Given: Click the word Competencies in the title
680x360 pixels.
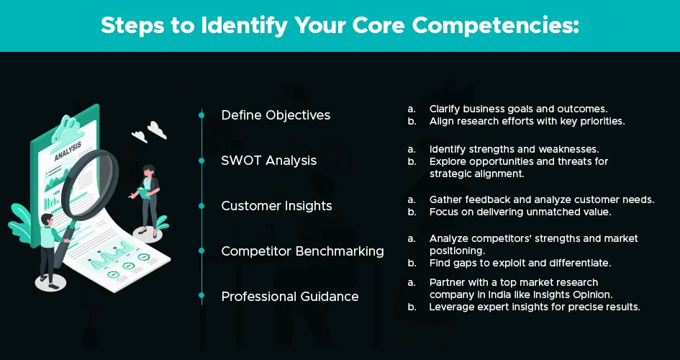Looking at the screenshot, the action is pos(495,26).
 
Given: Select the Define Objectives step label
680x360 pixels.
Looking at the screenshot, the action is pos(276,115).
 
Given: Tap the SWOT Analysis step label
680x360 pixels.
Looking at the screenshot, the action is pos(269,161).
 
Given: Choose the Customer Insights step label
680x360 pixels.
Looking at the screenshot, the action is pos(277,206).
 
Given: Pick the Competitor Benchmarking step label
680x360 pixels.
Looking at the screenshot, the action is pos(303,251).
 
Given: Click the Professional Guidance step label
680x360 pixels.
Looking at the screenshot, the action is pos(290,297).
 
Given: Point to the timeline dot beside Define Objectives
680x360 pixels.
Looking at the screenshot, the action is pos(201,115).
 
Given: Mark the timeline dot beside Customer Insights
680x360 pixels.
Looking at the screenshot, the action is pos(201,206).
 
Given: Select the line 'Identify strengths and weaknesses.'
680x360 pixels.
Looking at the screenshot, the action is pos(514,150).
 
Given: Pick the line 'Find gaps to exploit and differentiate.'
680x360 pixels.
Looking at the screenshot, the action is pos(520,264).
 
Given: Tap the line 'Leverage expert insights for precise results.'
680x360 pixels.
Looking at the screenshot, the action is pos(535,307).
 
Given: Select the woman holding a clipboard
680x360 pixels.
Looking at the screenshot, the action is pos(145,199).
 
